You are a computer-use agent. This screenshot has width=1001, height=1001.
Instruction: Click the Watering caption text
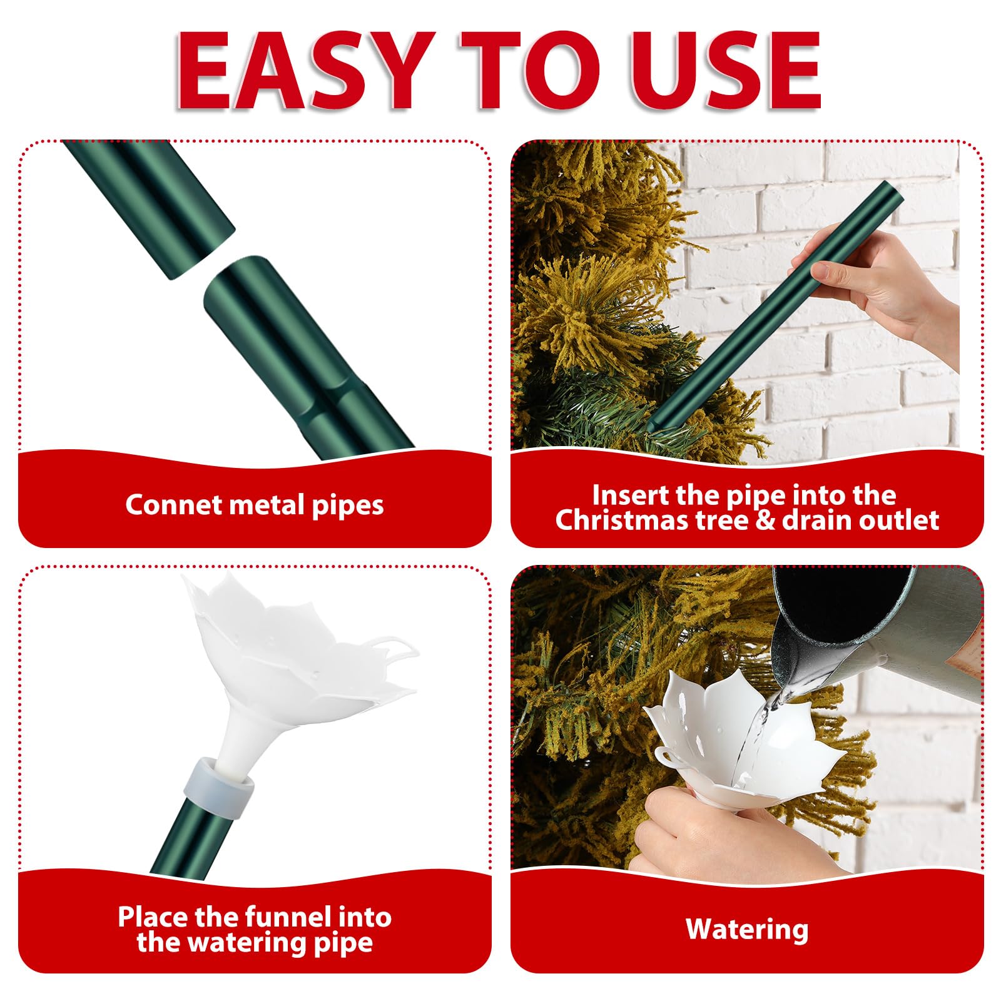(x=747, y=930)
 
